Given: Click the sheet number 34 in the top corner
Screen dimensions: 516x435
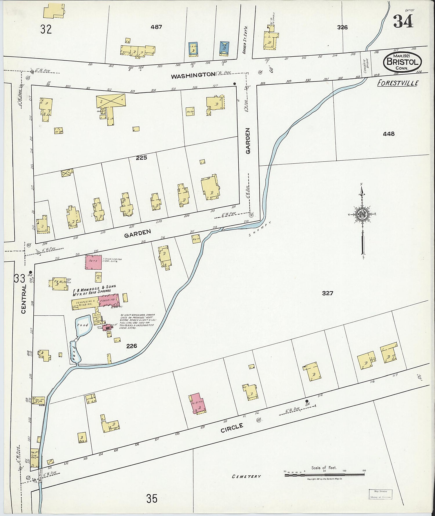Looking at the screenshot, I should click(x=403, y=21).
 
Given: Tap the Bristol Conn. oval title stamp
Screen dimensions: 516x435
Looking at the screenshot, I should click(x=402, y=62).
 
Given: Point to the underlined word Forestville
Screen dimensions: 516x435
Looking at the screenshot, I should click(x=398, y=83).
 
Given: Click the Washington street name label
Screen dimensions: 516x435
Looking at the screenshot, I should click(x=193, y=75).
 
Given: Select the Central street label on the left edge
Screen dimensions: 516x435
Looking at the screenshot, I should click(x=23, y=299).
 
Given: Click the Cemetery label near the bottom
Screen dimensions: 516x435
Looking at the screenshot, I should click(x=246, y=476).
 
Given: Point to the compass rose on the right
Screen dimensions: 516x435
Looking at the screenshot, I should click(x=362, y=215).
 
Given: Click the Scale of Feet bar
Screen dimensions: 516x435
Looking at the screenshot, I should click(x=324, y=475).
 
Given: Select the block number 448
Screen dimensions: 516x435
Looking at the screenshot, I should click(x=388, y=134).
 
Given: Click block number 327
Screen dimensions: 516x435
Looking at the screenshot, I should click(x=327, y=293).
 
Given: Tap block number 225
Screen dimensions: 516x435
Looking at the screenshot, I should click(x=142, y=158).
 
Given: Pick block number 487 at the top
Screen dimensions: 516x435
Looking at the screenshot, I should click(x=156, y=27).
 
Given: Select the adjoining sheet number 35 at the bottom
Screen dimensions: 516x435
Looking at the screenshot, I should click(x=152, y=499).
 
